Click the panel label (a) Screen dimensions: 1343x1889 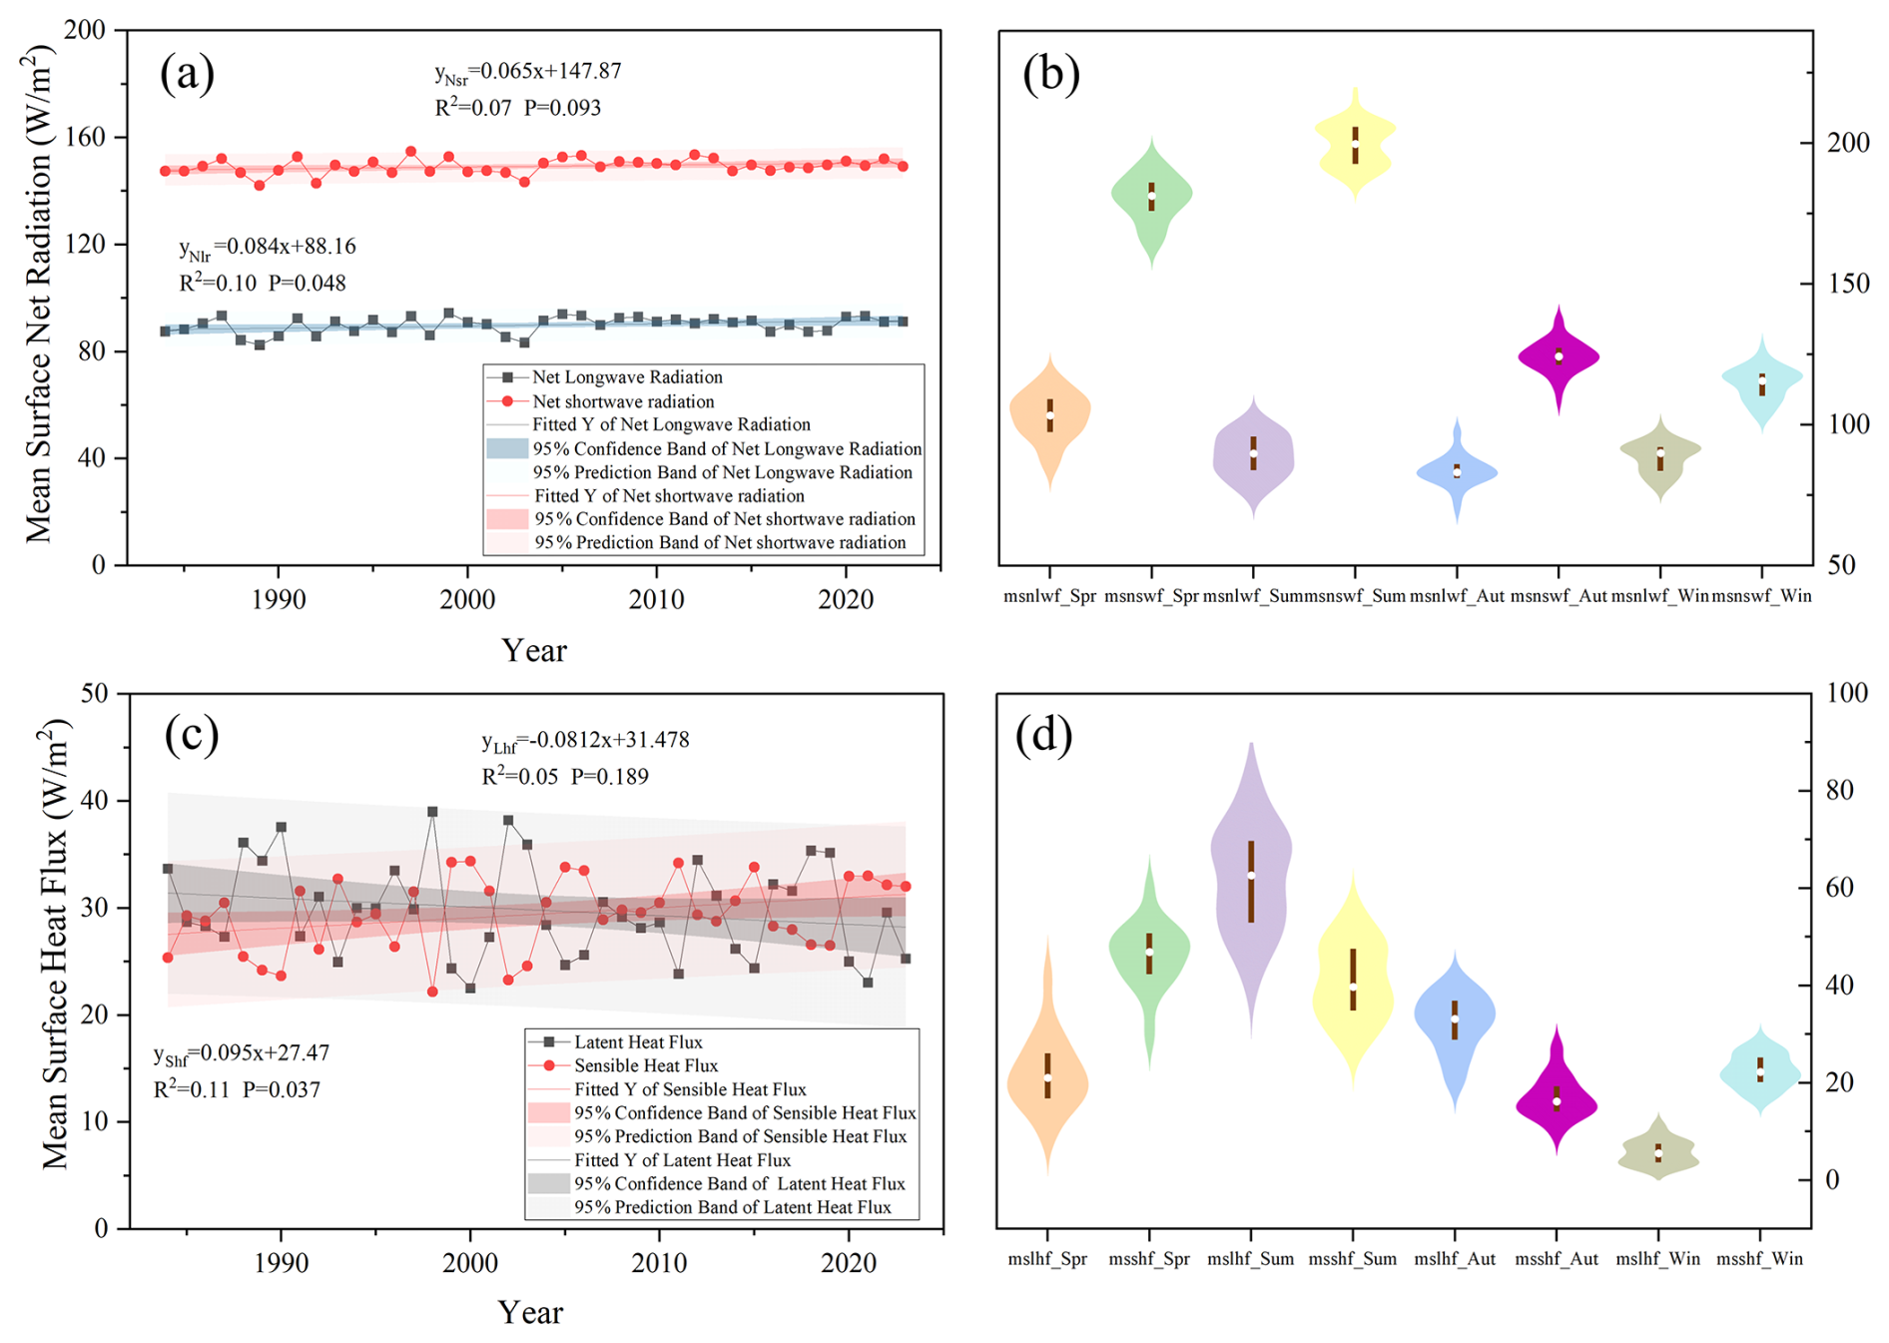[187, 74]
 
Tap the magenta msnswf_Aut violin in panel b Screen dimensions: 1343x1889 [1559, 356]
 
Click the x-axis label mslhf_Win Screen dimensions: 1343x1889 [1657, 1259]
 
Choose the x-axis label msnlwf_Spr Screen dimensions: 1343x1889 [1049, 596]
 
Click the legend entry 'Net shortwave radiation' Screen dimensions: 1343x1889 [623, 401]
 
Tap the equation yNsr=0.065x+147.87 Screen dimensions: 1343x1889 [528, 72]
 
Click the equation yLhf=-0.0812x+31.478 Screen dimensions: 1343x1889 [585, 741]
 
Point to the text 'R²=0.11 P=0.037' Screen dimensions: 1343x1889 [237, 1089]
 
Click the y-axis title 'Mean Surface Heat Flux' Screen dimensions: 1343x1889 [55, 944]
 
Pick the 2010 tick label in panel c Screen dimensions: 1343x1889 [659, 1263]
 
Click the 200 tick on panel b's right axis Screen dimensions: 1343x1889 [1848, 143]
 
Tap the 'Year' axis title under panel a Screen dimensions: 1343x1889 [534, 651]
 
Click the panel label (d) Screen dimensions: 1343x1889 [1043, 736]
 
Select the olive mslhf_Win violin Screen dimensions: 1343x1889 [1658, 1153]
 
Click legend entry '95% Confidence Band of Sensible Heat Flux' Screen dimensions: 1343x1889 [744, 1112]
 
